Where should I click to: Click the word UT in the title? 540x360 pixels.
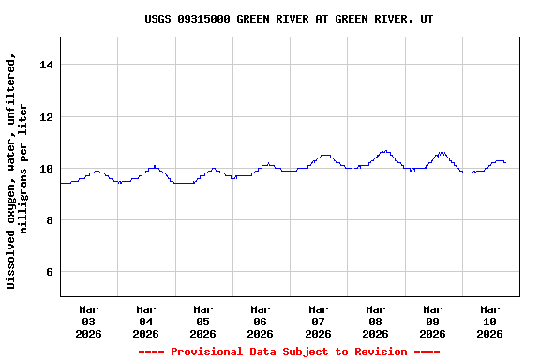(x=427, y=19)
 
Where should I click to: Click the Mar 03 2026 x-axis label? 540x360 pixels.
(x=88, y=321)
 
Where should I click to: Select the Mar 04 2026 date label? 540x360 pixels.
(x=145, y=321)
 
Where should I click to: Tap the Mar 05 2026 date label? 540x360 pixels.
(x=202, y=321)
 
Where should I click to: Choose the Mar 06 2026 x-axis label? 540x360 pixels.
(x=260, y=321)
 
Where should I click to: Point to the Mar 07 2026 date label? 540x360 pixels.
(x=318, y=321)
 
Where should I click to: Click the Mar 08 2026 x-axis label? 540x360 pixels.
(x=375, y=321)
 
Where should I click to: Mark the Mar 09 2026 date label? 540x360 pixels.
(x=432, y=321)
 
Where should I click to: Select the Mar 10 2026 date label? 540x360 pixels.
(x=489, y=321)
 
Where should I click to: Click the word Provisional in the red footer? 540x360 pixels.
(x=209, y=352)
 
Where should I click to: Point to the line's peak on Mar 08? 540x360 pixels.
(x=383, y=150)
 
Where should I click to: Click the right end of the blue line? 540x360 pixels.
(x=505, y=162)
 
